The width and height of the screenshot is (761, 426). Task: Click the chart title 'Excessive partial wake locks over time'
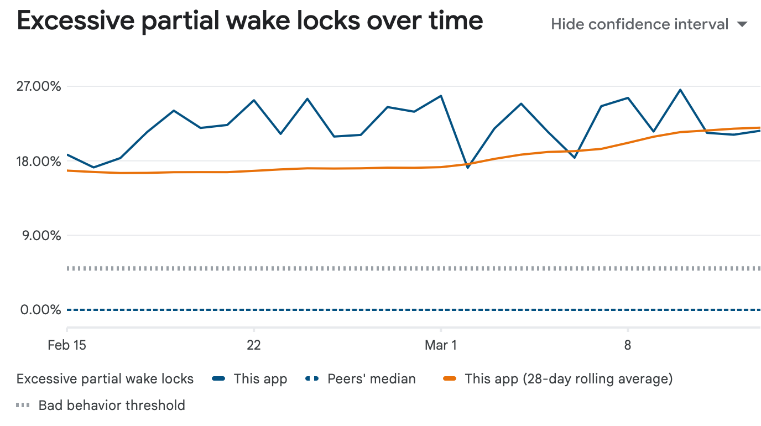[x=250, y=21]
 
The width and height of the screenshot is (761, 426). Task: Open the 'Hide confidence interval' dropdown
[x=639, y=24]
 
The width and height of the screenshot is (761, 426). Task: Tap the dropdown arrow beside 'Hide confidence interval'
[x=743, y=24]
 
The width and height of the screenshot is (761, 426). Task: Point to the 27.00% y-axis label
[x=40, y=86]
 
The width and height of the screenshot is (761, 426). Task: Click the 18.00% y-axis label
[x=40, y=161]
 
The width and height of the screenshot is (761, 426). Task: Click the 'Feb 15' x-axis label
[x=67, y=345]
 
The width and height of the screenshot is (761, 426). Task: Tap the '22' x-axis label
[x=253, y=345]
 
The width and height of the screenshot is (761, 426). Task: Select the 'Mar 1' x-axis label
[x=441, y=345]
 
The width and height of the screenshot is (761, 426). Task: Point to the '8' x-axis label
[x=628, y=345]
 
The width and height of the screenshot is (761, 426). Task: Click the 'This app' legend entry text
[x=260, y=379]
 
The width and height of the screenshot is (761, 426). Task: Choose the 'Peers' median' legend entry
[x=371, y=379]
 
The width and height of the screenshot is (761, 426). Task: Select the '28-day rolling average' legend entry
[x=569, y=379]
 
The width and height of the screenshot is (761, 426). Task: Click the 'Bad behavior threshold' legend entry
[x=112, y=405]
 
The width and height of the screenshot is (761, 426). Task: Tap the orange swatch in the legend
[x=451, y=379]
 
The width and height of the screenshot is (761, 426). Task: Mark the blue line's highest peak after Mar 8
[x=680, y=90]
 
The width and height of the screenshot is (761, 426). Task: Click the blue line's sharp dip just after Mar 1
[x=468, y=167]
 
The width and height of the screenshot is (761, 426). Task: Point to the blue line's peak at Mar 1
[x=441, y=96]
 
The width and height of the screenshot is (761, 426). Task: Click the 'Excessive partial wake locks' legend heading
[x=105, y=379]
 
